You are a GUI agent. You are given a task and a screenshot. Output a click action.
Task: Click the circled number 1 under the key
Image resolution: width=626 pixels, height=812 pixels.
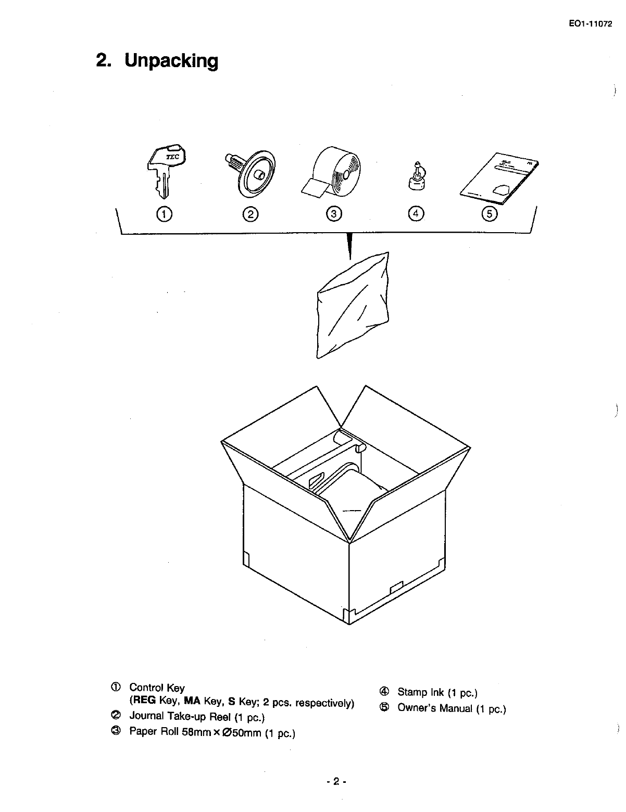click(x=165, y=213)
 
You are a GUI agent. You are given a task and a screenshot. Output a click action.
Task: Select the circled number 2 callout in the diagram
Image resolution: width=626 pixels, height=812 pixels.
click(x=251, y=213)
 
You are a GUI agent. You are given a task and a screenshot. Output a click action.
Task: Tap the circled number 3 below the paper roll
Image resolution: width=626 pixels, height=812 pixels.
click(x=334, y=213)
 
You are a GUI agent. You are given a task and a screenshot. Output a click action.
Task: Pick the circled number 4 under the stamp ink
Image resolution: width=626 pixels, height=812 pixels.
click(x=417, y=213)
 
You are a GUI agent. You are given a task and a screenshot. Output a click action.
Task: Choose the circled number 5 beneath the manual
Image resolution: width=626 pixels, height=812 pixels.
click(x=490, y=213)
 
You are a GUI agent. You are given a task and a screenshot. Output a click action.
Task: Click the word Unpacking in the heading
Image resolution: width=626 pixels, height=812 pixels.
click(x=171, y=61)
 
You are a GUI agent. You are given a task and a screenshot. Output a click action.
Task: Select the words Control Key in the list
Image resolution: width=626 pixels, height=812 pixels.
click(x=157, y=688)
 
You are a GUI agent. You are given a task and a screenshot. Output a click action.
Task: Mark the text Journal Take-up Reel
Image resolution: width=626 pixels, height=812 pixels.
click(x=180, y=717)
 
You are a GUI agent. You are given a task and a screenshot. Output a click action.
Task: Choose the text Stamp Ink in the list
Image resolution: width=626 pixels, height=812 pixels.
click(x=420, y=692)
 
